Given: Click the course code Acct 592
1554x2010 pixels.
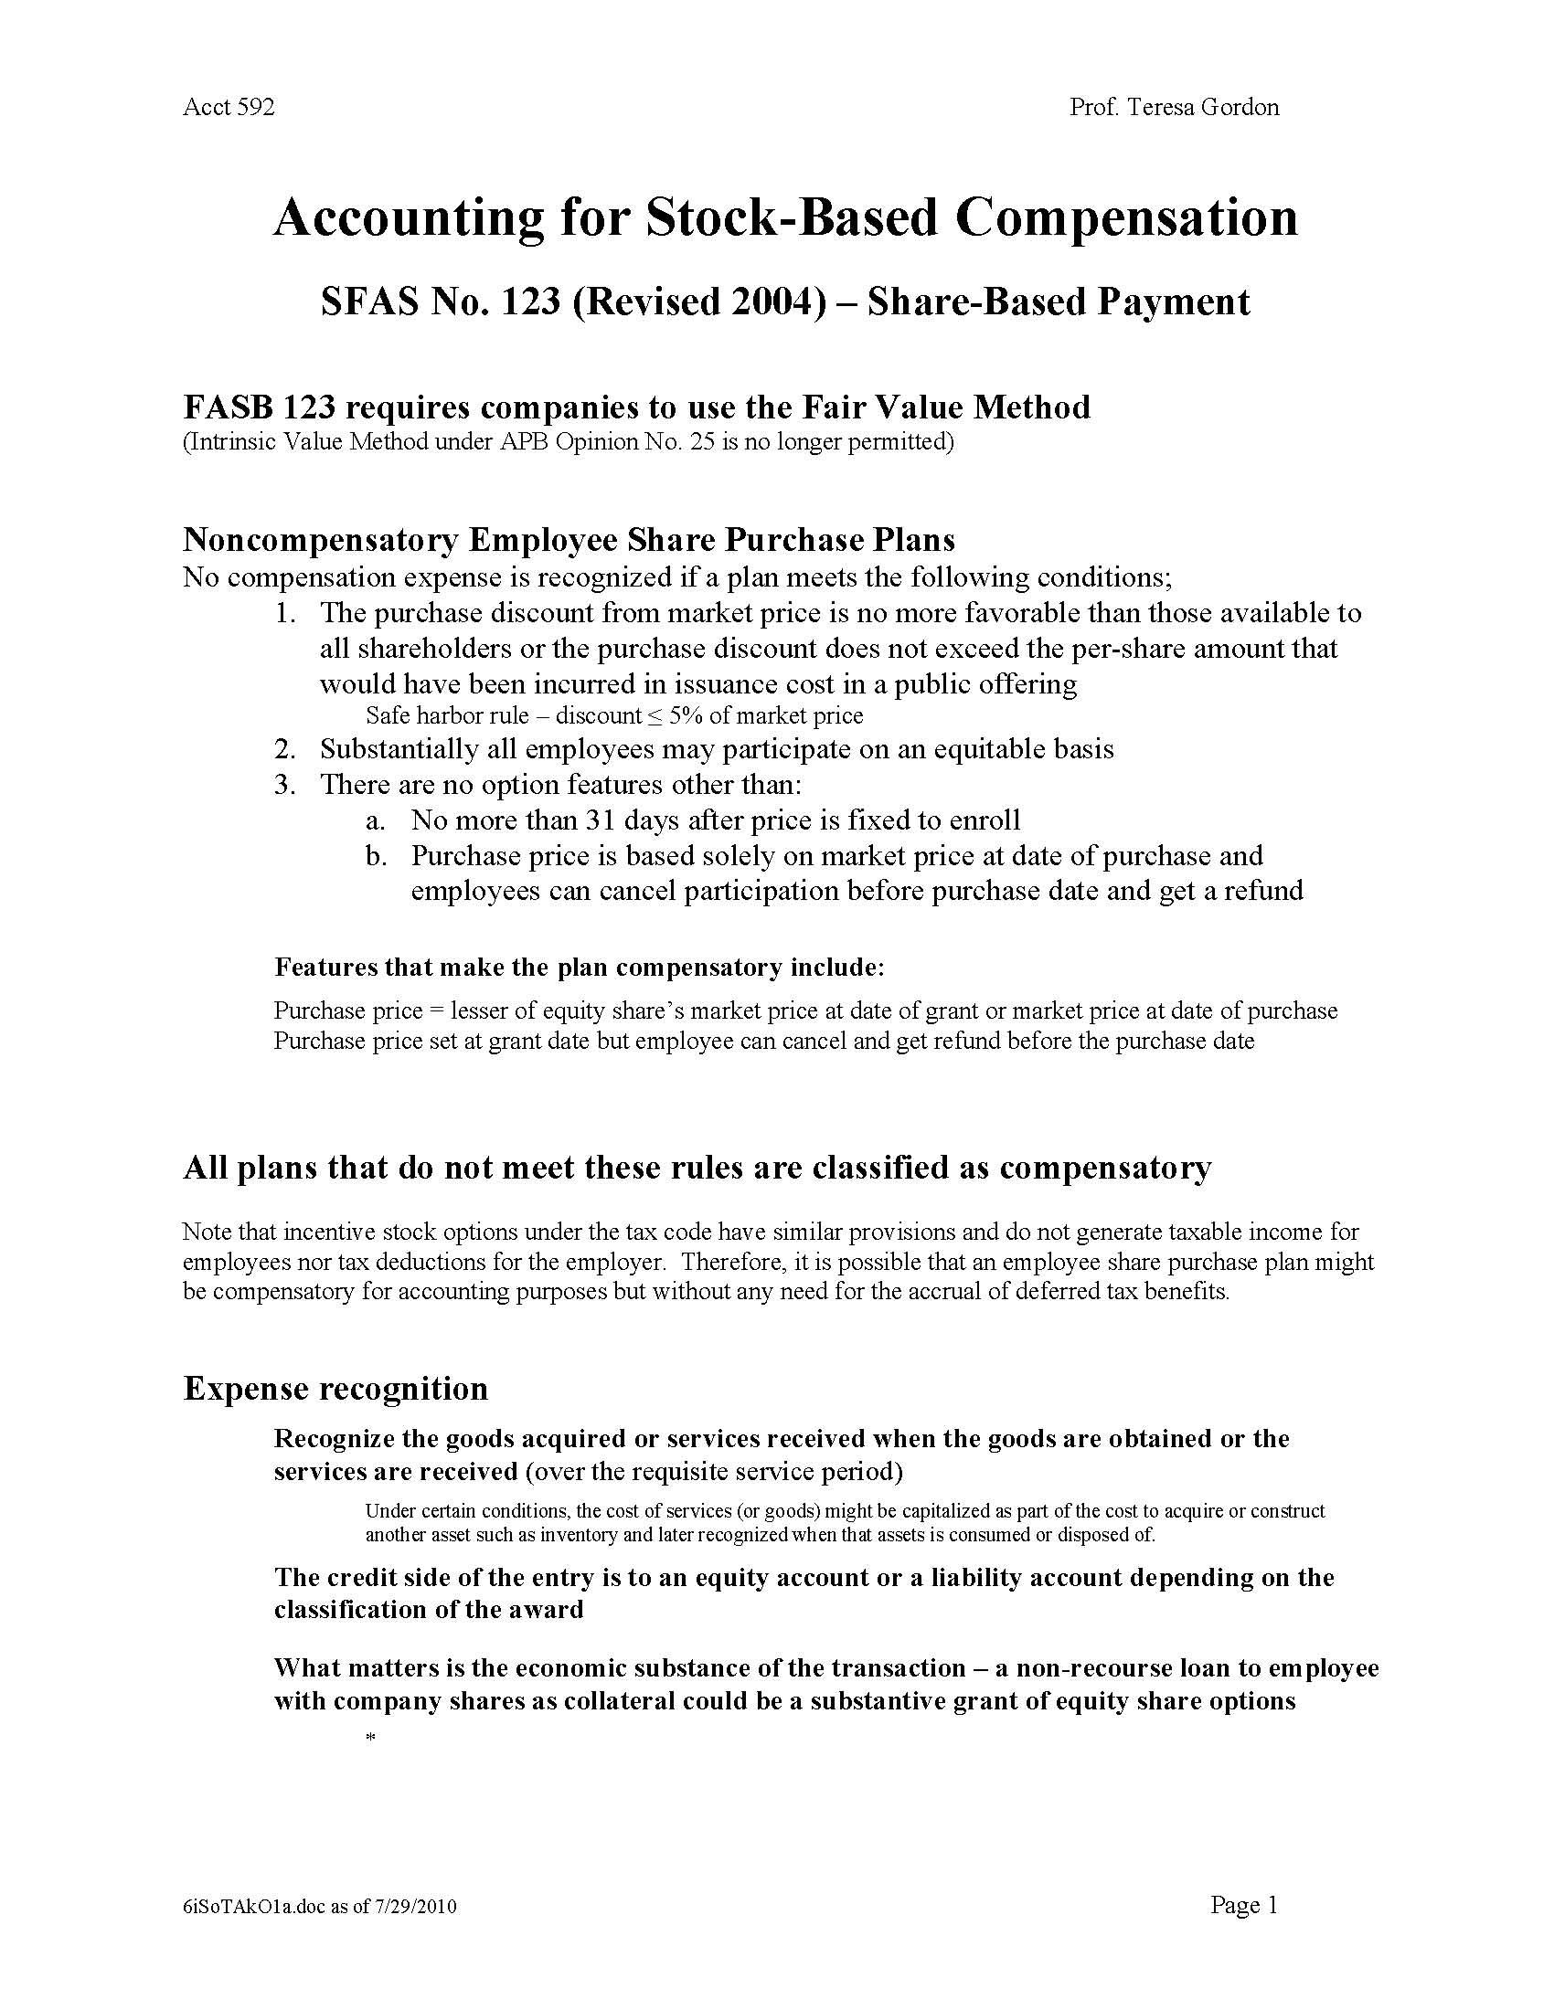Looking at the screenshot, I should click(x=229, y=108).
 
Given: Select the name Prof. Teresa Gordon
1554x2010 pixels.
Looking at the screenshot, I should click(x=1174, y=108).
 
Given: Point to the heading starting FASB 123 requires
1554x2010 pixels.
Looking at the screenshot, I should click(x=636, y=407).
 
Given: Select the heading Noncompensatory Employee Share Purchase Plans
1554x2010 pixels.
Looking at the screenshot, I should click(x=569, y=539).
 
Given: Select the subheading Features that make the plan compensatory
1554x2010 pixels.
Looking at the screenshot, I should click(x=579, y=968).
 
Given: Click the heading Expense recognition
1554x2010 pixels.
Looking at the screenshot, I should click(x=335, y=1388).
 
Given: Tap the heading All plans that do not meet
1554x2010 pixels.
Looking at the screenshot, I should click(x=697, y=1168).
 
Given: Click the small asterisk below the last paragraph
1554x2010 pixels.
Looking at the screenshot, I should click(x=371, y=1738).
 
